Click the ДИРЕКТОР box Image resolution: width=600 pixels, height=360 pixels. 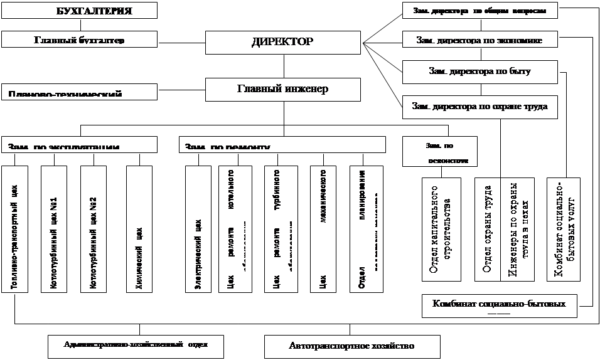(x=282, y=43)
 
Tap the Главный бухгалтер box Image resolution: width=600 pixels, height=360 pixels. (x=78, y=40)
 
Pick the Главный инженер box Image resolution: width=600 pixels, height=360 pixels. (x=282, y=89)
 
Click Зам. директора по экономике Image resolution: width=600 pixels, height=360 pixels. (x=479, y=40)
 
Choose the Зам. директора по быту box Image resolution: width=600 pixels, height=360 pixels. (x=479, y=71)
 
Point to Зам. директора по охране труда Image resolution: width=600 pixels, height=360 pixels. (x=479, y=106)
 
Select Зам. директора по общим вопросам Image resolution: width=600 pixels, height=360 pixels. (x=479, y=11)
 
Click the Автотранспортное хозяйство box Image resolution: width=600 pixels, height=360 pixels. (x=351, y=346)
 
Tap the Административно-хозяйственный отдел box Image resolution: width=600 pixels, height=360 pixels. (x=136, y=344)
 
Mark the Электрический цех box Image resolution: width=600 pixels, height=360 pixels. (x=200, y=228)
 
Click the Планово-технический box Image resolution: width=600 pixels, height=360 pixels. (x=78, y=92)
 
